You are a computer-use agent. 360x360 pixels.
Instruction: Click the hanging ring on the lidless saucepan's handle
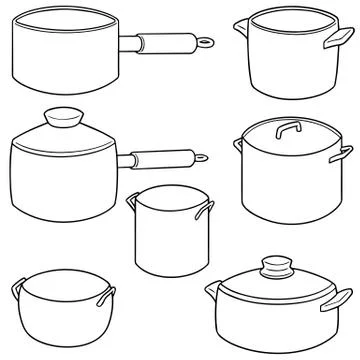coord(206,43)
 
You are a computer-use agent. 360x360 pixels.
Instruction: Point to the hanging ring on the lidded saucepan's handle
coord(202,157)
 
